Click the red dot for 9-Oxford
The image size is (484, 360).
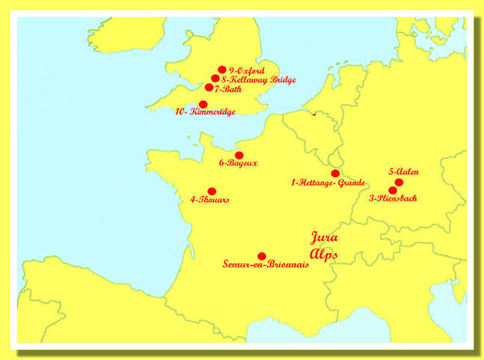point(222,70)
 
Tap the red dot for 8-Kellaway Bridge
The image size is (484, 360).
point(215,79)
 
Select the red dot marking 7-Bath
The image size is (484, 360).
point(209,88)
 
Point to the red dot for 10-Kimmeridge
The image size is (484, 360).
point(203,104)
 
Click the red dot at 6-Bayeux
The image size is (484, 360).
point(239,155)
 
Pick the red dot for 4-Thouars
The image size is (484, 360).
point(212,192)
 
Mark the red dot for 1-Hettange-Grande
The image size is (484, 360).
point(335,174)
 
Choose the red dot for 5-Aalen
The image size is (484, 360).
point(399,182)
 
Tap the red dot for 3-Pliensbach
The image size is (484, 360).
point(393,191)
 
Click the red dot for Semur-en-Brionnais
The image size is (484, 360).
point(262,256)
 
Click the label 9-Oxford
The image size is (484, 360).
point(246,70)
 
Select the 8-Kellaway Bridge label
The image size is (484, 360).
point(258,79)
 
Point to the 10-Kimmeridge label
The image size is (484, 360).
point(206,112)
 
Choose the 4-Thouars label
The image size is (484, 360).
point(210,200)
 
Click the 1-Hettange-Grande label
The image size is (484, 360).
point(328,183)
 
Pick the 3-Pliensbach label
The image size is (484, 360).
point(393,199)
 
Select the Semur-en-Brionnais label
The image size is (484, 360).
point(266,265)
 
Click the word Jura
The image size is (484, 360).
point(324,238)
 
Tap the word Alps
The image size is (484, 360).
point(323,254)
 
